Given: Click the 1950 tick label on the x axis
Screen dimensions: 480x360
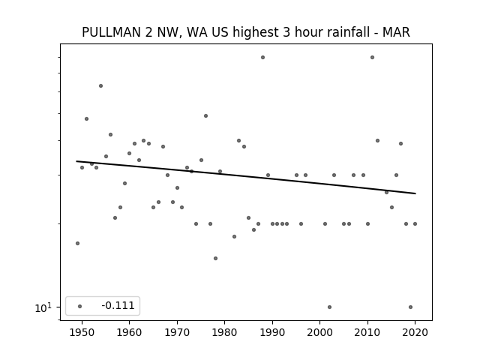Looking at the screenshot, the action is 82,332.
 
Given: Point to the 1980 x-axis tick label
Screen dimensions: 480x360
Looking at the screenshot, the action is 224,332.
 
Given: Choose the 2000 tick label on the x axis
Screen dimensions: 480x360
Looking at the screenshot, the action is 319,332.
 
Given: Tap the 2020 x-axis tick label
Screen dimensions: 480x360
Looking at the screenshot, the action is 415,332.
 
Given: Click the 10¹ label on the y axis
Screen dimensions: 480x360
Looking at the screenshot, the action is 43,307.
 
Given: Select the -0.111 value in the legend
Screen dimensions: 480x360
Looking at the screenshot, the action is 118,305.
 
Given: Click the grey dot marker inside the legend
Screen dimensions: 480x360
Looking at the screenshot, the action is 80,306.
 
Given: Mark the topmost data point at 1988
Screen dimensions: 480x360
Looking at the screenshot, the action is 262,57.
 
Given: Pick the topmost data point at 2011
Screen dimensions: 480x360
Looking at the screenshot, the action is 372,57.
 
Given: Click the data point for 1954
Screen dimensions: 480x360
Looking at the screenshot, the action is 100,86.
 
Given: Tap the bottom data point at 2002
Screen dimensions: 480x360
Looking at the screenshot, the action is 329,307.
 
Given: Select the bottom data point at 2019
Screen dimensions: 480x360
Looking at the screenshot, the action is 410,307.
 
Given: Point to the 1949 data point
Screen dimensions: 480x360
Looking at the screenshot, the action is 77,243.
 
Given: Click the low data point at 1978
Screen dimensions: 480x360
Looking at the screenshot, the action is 215,258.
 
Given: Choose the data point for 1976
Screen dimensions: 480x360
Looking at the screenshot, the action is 205,115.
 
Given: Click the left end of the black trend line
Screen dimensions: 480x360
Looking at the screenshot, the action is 76,161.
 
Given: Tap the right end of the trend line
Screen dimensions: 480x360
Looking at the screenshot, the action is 415,193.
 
